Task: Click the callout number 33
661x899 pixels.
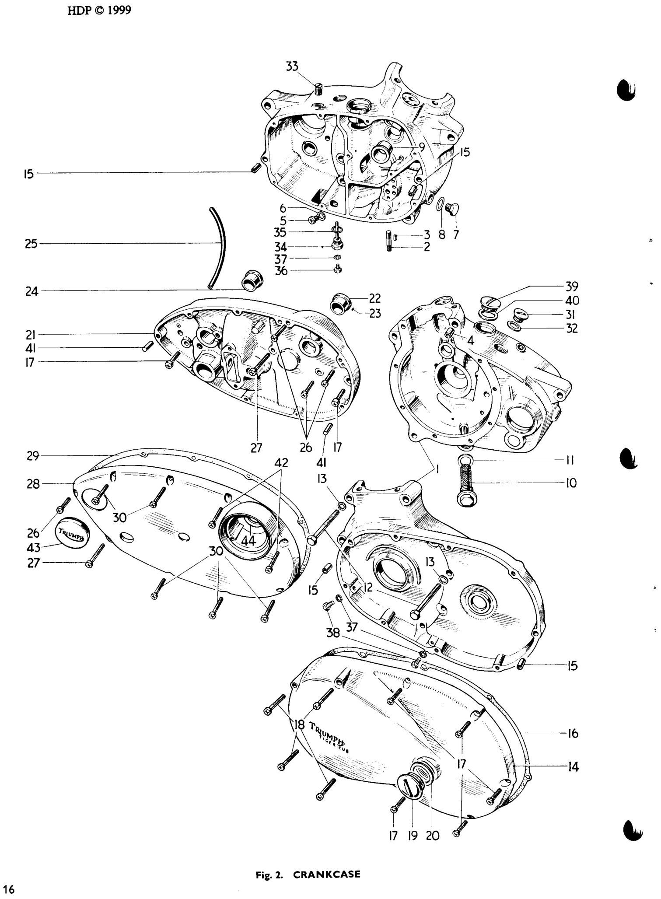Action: point(292,66)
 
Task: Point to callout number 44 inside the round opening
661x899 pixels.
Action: point(248,540)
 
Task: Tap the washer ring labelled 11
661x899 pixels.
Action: point(465,460)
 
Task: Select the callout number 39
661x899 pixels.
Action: point(572,287)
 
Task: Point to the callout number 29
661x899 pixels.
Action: point(33,456)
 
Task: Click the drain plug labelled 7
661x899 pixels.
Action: point(450,210)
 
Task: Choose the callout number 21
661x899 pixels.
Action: point(31,335)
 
